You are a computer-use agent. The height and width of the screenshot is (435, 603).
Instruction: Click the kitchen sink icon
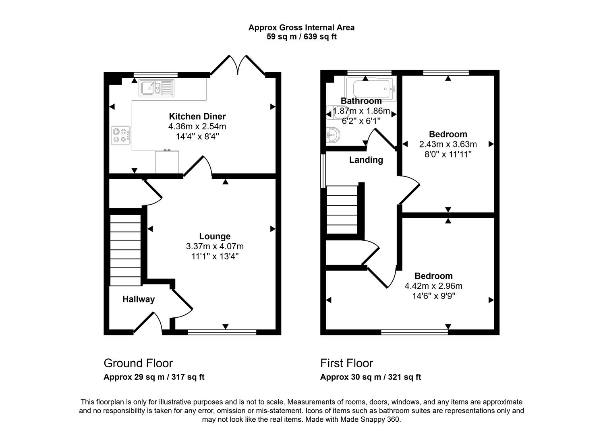click(155, 88)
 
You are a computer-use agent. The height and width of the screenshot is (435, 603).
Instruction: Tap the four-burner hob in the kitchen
click(121, 135)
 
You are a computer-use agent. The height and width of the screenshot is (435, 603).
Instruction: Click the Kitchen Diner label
click(197, 116)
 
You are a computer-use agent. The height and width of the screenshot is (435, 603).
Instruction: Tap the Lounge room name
click(215, 236)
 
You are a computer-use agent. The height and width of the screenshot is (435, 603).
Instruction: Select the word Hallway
click(139, 299)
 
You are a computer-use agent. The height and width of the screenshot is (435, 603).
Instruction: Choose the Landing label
click(366, 160)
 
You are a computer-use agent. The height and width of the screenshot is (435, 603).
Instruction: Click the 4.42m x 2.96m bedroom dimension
click(433, 286)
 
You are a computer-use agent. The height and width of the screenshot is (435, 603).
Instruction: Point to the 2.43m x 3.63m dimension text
click(448, 144)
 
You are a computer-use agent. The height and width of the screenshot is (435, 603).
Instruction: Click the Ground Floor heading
click(138, 363)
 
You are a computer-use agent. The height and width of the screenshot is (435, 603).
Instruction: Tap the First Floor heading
click(346, 363)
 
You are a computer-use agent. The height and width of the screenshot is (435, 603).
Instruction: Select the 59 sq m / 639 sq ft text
click(301, 37)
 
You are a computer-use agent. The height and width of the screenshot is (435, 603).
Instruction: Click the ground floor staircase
click(125, 250)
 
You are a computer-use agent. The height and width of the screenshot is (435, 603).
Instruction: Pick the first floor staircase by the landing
click(342, 209)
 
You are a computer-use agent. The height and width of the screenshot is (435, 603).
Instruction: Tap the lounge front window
click(222, 332)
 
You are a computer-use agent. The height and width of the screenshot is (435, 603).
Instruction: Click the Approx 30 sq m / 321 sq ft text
click(370, 377)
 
